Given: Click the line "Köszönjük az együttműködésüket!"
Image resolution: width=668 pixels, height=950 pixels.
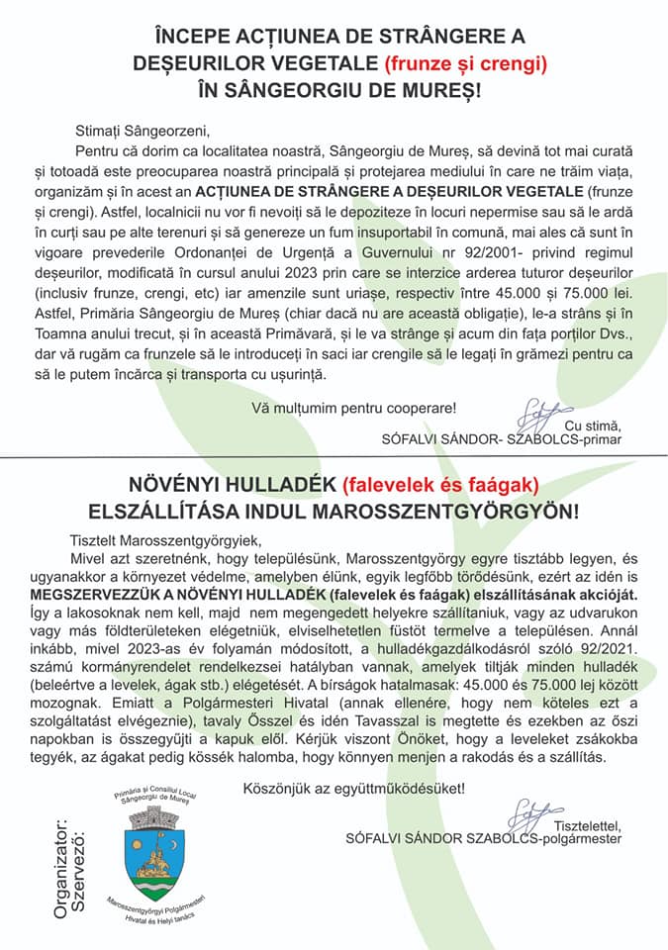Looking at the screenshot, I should [x=352, y=788].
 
